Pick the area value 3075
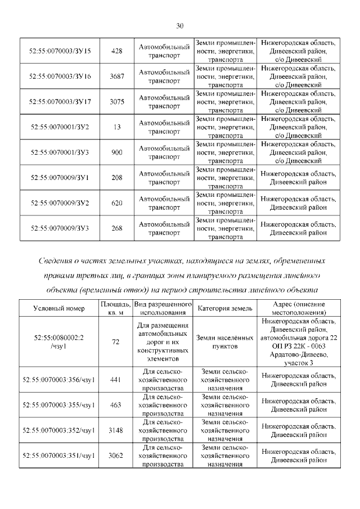point(117,102)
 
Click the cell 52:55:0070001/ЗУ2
point(60,127)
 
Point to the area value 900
point(117,152)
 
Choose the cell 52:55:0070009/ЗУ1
point(60,178)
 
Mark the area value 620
point(117,203)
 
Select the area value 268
point(117,228)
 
